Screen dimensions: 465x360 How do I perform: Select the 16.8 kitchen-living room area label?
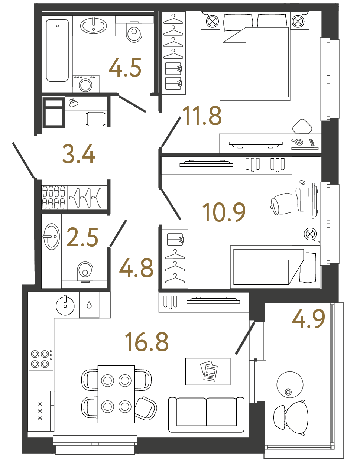147,342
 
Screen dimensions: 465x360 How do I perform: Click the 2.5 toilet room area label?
82,238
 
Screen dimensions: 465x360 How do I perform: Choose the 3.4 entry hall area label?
78,154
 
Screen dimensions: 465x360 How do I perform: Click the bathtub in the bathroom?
57,51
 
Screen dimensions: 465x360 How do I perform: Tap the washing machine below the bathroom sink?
86,84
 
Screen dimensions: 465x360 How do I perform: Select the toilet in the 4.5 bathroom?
134,33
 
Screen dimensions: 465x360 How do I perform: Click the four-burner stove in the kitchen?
41,359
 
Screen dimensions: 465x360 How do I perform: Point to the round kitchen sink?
65,306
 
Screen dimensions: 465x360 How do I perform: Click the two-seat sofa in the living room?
206,414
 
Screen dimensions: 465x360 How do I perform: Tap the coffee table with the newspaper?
208,371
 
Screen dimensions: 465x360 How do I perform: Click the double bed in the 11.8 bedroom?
255,59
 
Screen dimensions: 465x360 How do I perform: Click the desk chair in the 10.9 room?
282,204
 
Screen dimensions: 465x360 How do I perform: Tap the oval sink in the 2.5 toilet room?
51,237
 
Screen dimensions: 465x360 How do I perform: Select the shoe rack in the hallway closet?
54,198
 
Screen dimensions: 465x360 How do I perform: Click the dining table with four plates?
116,394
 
